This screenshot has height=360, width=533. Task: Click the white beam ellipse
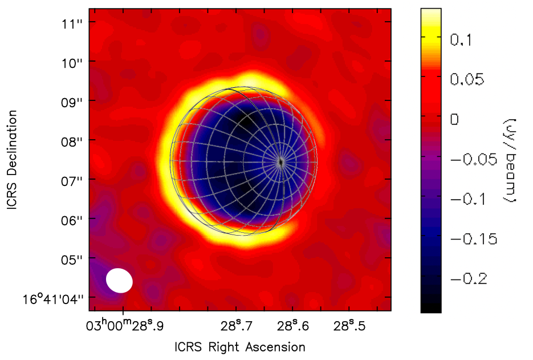(119, 280)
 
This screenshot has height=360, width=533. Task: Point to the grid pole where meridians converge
(281, 162)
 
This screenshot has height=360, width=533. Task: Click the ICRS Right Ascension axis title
(240, 347)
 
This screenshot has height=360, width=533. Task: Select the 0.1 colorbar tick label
(462, 40)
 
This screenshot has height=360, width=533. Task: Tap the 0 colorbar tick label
(454, 119)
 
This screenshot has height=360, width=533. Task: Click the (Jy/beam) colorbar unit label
(510, 160)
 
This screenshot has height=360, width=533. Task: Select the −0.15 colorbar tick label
(474, 239)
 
